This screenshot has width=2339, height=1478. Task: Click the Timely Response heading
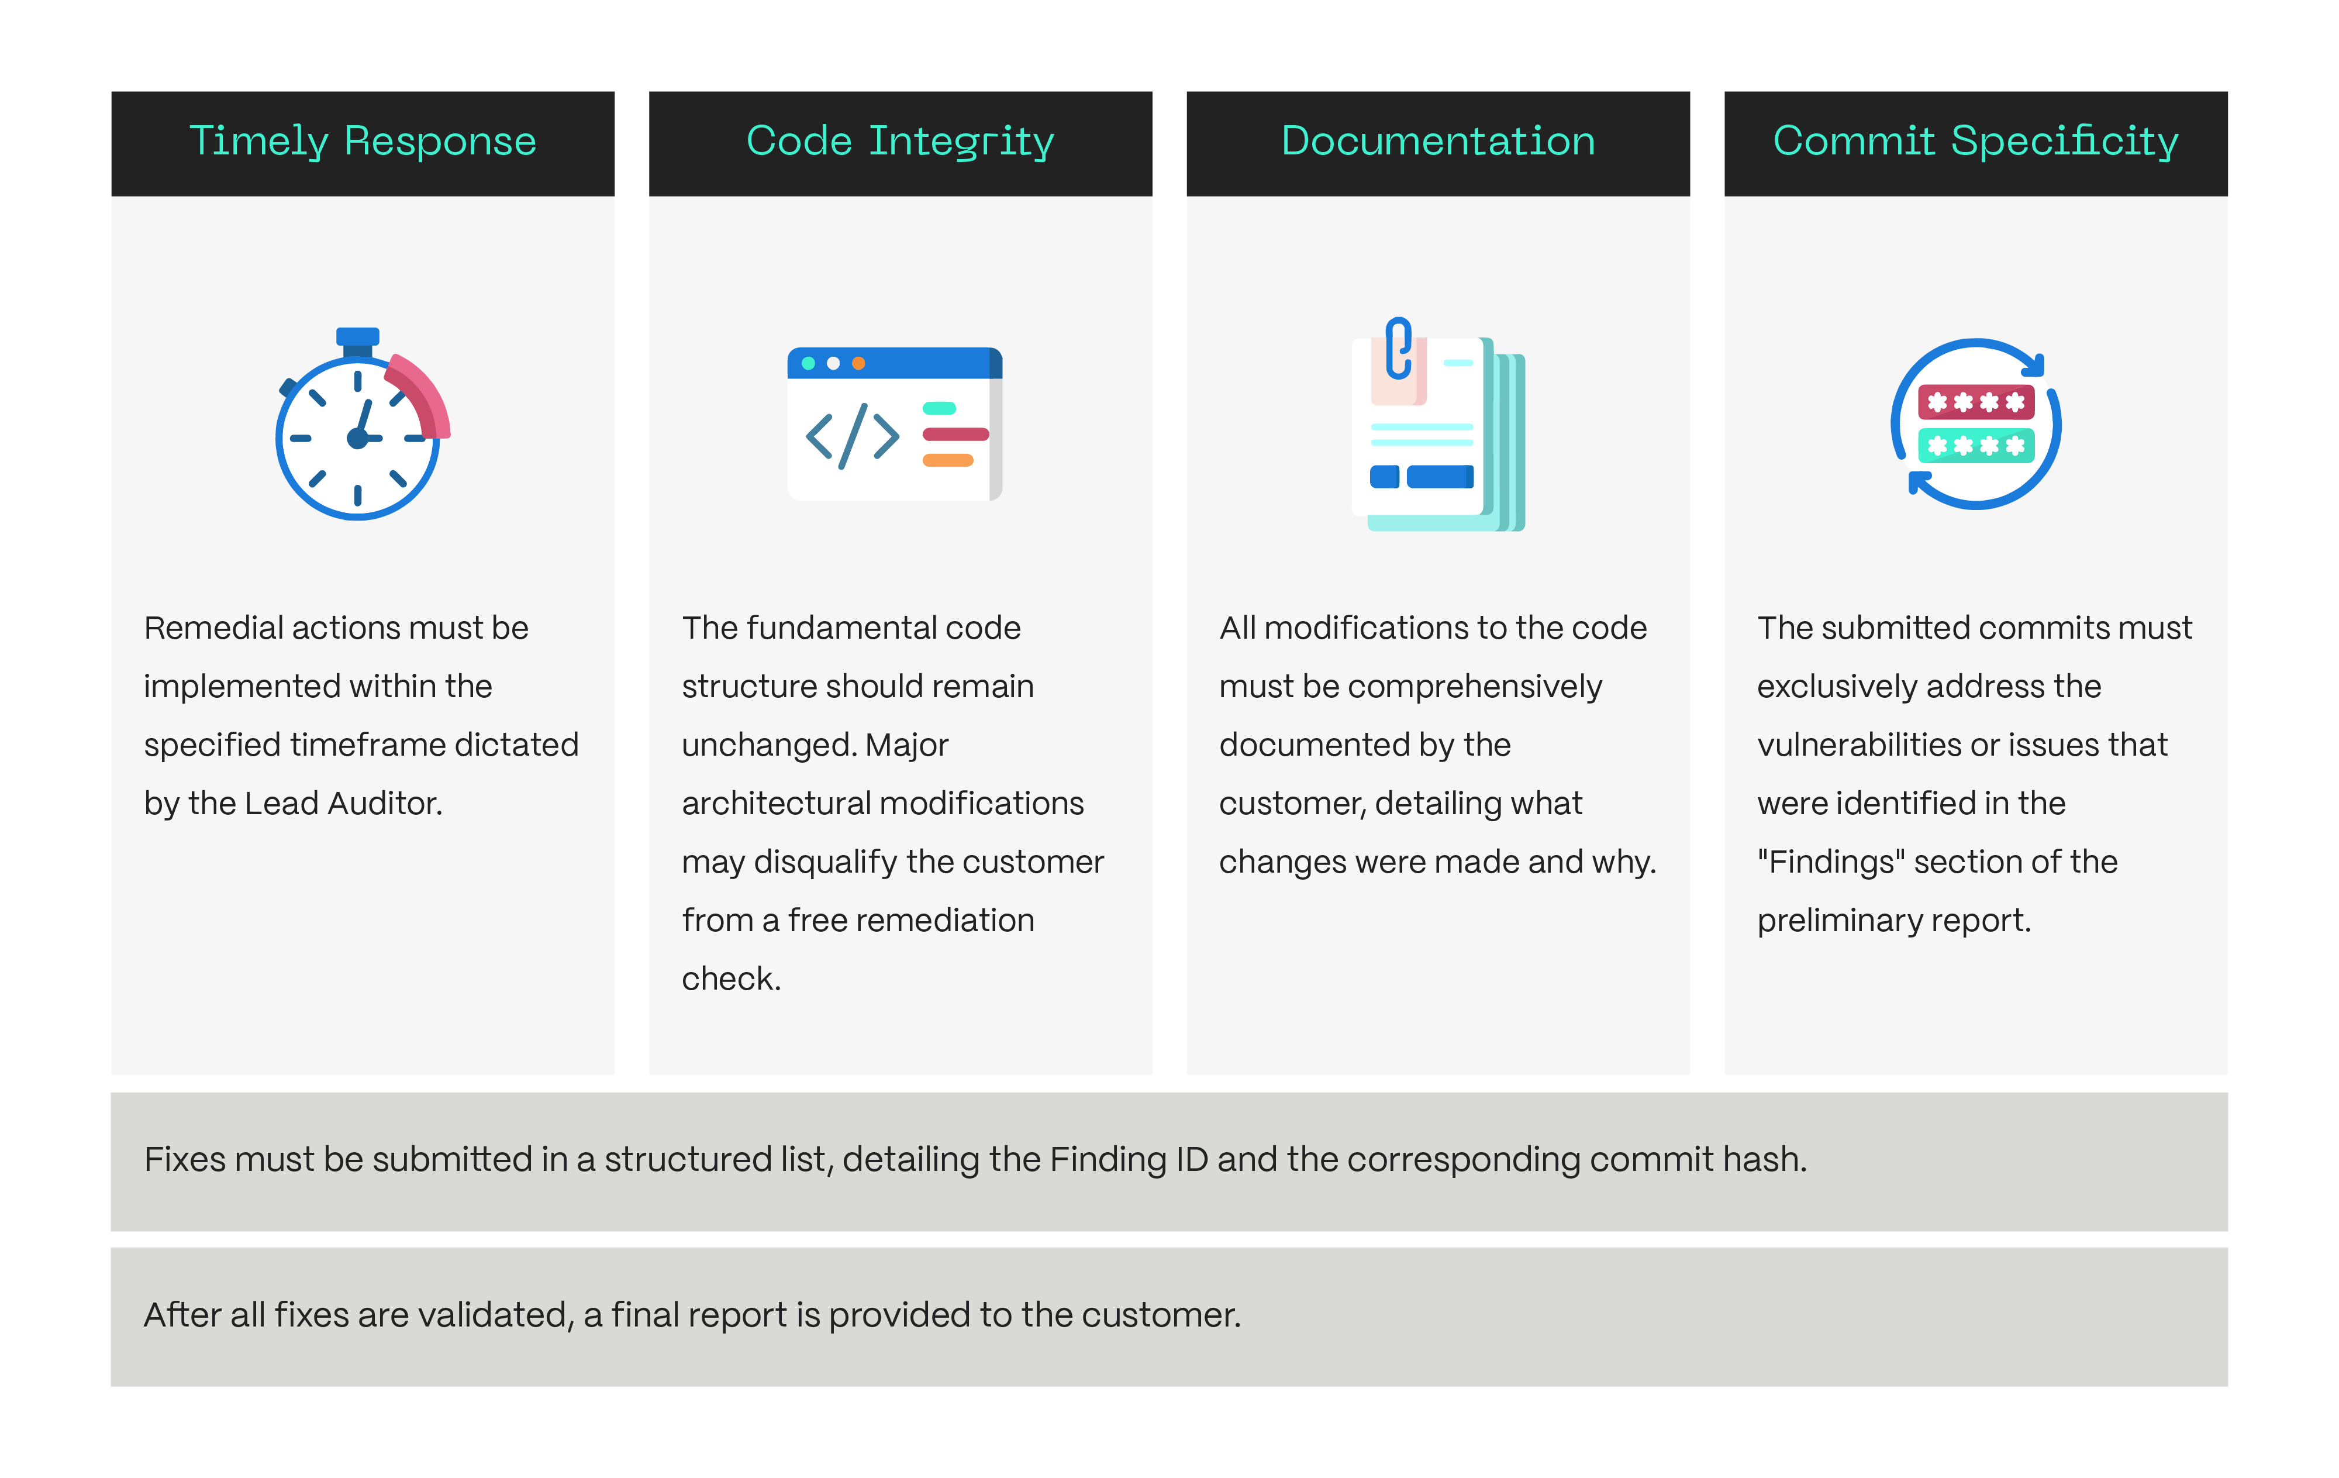[363, 142]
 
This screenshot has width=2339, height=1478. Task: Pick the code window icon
[895, 423]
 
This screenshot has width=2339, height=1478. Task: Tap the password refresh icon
[1976, 423]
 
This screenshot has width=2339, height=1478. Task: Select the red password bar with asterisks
[1976, 401]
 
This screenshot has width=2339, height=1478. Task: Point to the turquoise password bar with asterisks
[1976, 446]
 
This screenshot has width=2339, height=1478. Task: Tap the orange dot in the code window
[858, 363]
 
